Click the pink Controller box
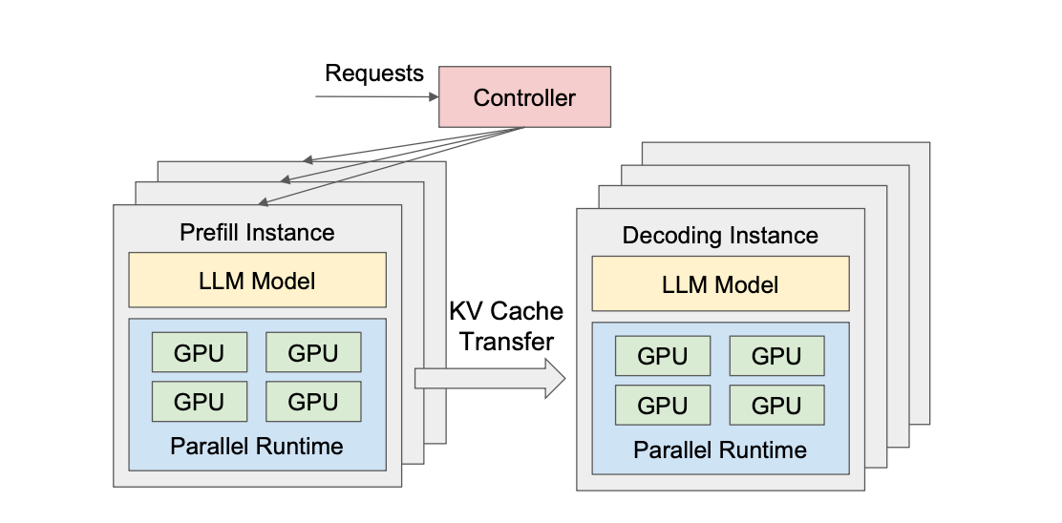[524, 97]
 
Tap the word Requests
[373, 73]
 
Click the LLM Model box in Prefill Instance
[257, 280]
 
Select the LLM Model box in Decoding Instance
[720, 283]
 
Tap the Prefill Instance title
[257, 232]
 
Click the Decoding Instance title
[720, 235]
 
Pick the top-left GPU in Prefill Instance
[199, 352]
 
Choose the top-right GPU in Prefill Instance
[313, 352]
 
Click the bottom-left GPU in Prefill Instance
[199, 402]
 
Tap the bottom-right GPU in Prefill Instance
[313, 402]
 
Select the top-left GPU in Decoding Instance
[662, 356]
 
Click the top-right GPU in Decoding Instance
[776, 356]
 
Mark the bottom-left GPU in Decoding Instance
[662, 405]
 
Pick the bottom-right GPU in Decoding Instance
[776, 405]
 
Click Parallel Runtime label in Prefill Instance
[257, 446]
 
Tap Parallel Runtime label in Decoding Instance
[720, 450]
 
